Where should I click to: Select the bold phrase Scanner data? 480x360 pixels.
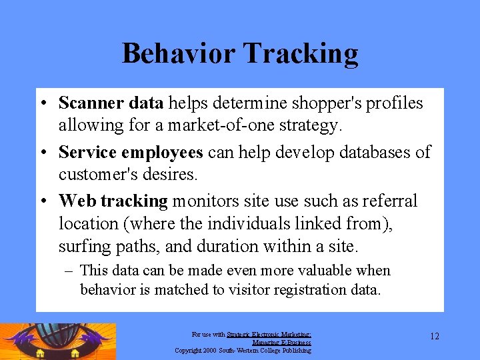(x=111, y=103)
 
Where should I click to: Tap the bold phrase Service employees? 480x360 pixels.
(x=131, y=153)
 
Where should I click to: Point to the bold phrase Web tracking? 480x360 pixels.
(x=113, y=201)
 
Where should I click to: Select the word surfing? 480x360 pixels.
(x=83, y=247)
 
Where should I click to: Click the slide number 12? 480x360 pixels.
(x=434, y=336)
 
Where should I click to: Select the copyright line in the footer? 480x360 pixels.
(x=243, y=350)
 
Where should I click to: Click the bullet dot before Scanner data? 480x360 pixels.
(x=42, y=104)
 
